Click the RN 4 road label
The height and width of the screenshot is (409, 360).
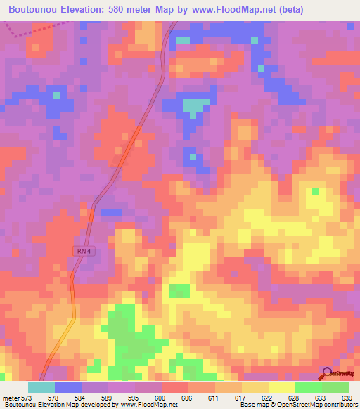84,251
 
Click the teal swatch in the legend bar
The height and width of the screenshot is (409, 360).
41,387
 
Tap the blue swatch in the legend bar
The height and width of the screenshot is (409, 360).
68,387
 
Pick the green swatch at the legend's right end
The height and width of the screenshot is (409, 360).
335,387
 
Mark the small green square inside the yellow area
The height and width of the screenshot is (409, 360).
315,190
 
